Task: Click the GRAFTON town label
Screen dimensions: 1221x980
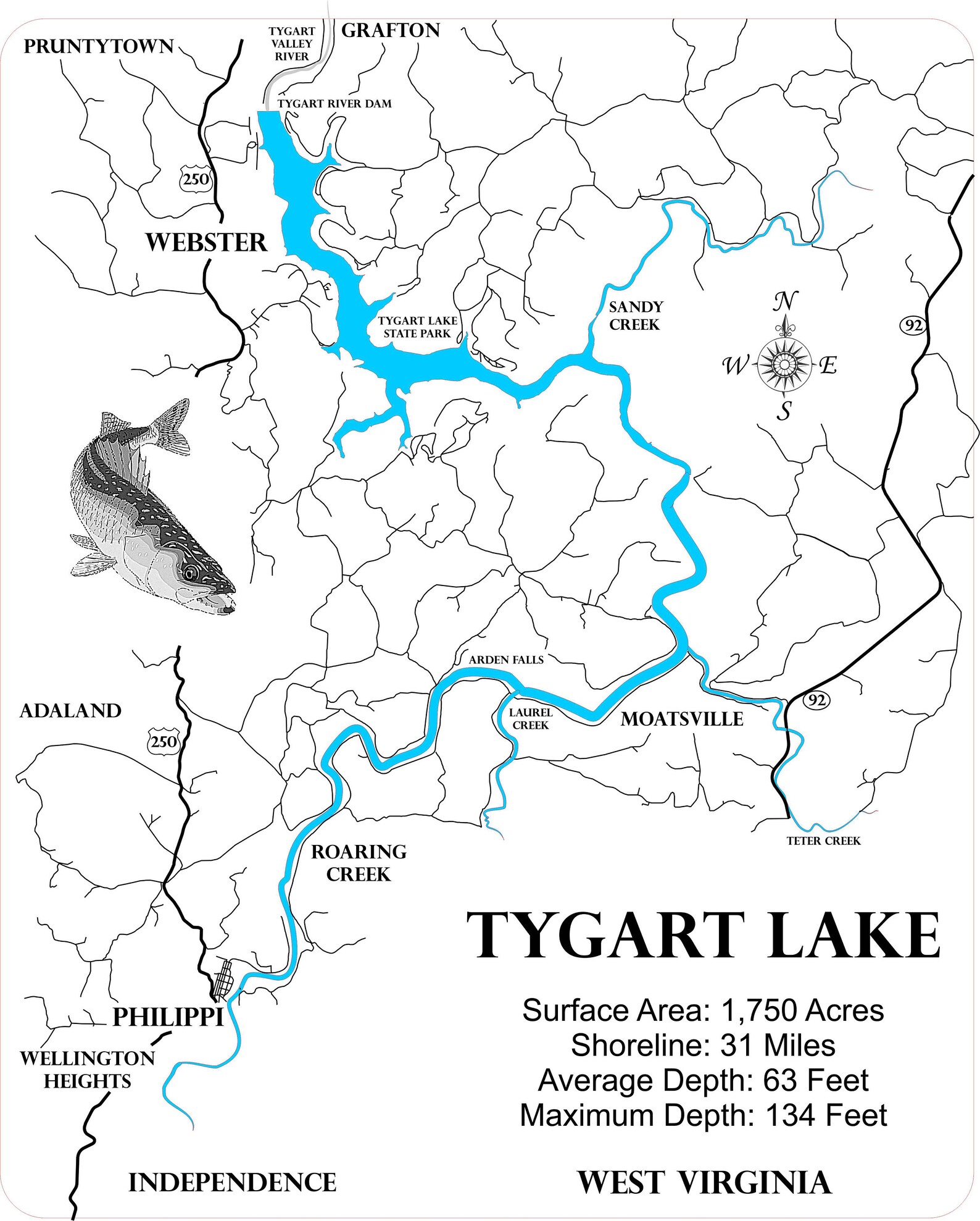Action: click(x=390, y=30)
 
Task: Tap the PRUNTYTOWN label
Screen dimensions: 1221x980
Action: click(x=99, y=46)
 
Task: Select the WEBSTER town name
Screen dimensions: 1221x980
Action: click(x=206, y=242)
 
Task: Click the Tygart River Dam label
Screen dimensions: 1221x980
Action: click(x=334, y=104)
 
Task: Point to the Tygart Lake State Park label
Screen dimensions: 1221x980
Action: click(x=417, y=327)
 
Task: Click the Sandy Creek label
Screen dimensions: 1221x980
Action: click(x=636, y=315)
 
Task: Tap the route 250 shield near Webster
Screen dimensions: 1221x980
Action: click(x=196, y=180)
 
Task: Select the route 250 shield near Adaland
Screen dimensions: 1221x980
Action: click(x=164, y=741)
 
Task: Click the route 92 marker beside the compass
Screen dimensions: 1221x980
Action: click(x=913, y=325)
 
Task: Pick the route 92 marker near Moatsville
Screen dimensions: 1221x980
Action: click(x=816, y=700)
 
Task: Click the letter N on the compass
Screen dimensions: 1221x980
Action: click(x=785, y=302)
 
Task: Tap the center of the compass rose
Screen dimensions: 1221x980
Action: click(x=784, y=365)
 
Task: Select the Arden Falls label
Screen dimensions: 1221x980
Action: click(x=506, y=660)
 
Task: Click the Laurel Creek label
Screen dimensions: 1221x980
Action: click(x=530, y=719)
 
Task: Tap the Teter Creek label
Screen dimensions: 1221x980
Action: click(x=823, y=841)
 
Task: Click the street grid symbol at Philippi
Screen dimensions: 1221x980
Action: click(x=223, y=980)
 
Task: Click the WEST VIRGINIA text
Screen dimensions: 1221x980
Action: click(x=704, y=1182)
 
